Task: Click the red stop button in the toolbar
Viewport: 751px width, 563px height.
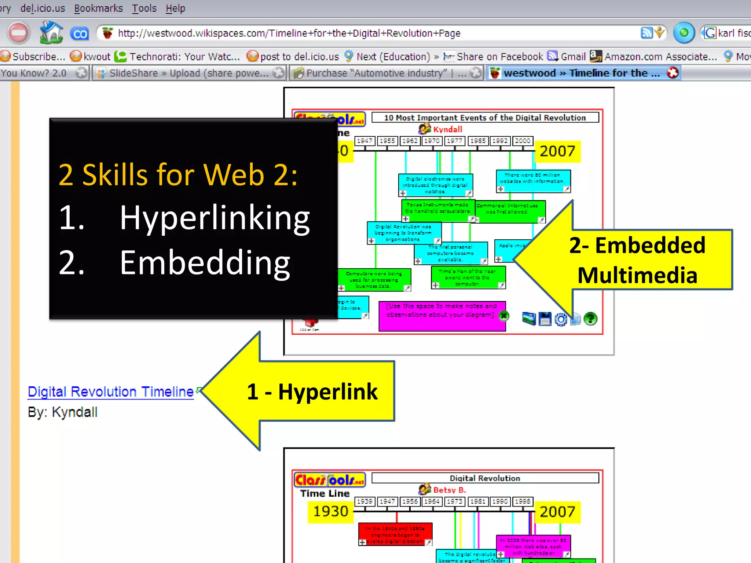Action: pos(18,33)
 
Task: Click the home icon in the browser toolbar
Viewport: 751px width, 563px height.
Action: pos(51,33)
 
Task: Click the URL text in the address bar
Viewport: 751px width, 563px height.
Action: pos(289,33)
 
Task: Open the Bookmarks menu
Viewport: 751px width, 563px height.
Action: pos(98,8)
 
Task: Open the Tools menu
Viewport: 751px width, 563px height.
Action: pos(144,8)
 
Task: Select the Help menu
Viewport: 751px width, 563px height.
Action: pos(175,8)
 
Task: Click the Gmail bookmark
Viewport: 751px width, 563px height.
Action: pos(572,56)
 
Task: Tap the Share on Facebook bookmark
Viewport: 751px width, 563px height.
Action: pos(499,56)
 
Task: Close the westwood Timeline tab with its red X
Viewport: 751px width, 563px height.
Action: pos(673,73)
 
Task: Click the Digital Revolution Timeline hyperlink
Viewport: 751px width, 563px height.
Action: pos(111,391)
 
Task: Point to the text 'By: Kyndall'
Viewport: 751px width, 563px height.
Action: pos(63,412)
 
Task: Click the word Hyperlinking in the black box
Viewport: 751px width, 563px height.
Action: pos(215,218)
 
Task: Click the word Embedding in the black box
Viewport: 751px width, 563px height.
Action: pos(205,263)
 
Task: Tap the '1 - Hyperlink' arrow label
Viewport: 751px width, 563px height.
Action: pos(312,391)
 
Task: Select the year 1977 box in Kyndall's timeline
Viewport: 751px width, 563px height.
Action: pos(454,141)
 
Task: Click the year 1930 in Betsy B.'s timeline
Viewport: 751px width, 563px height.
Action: pos(330,511)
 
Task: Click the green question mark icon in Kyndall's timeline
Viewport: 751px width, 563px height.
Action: pos(590,319)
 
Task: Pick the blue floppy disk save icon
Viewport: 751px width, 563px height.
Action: pos(545,319)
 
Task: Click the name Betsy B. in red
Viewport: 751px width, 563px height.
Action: pos(449,490)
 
